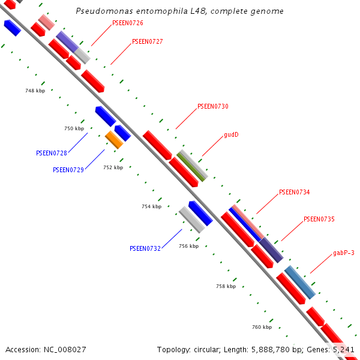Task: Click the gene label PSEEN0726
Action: [x=128, y=23]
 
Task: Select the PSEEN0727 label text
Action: [x=147, y=42]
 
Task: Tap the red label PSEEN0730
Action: [x=212, y=107]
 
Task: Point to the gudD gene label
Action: [x=231, y=135]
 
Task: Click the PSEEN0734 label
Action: [x=294, y=193]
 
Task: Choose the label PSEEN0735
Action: [x=319, y=220]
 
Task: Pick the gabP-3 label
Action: [x=344, y=253]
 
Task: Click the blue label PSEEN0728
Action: [x=52, y=153]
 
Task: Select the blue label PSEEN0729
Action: [x=68, y=170]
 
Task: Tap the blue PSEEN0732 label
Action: [x=145, y=248]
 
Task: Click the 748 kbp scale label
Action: [x=35, y=91]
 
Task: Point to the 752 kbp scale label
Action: [x=113, y=168]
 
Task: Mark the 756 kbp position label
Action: [x=188, y=247]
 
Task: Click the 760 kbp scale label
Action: [x=262, y=328]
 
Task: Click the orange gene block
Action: [x=114, y=140]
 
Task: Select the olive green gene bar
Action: [x=192, y=166]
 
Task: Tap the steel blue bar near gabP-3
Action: [x=299, y=282]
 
